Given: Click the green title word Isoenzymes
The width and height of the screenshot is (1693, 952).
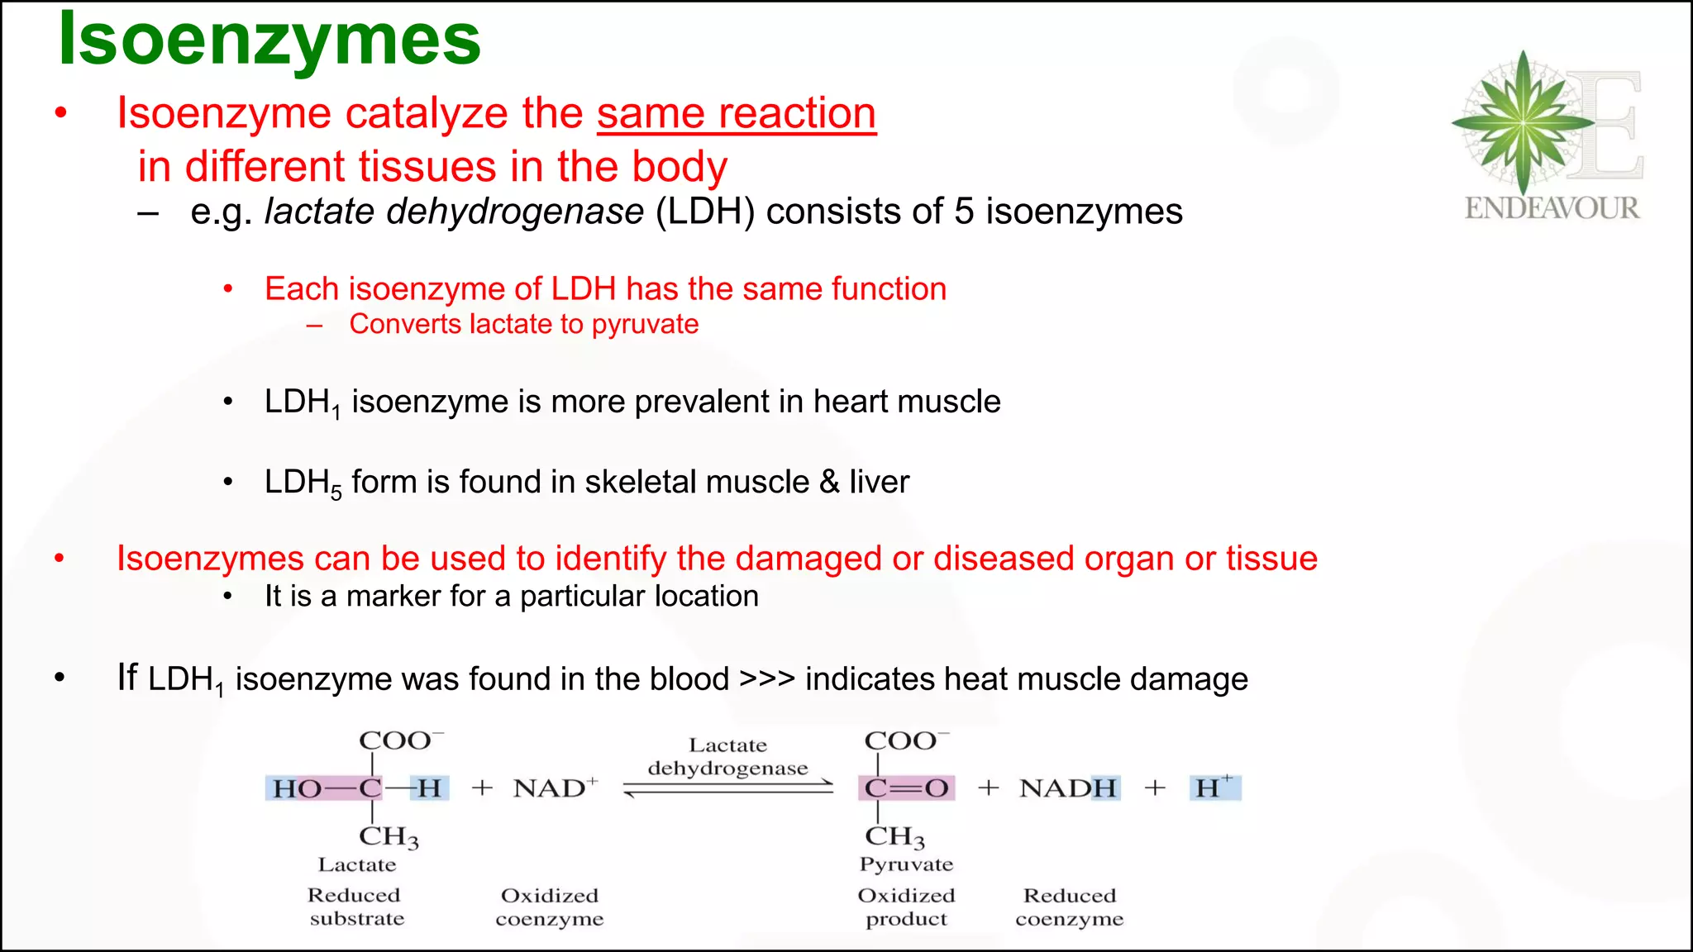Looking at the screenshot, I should click(x=269, y=40).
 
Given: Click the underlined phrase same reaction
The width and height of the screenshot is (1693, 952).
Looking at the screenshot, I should click(x=736, y=113).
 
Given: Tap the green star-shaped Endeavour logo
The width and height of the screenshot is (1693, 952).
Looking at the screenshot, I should click(x=1522, y=122).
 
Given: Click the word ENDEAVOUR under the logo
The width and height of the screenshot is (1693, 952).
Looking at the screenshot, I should click(x=1552, y=208).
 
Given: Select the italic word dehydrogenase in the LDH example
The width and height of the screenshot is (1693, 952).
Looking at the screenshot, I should click(x=514, y=212).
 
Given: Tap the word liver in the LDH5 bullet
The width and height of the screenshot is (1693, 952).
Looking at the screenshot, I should click(x=879, y=482).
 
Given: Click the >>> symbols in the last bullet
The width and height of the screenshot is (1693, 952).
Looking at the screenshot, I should click(x=766, y=679).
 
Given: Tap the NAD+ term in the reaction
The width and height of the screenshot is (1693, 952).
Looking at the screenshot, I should click(x=555, y=788).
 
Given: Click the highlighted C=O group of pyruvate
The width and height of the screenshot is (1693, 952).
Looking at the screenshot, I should click(x=906, y=788).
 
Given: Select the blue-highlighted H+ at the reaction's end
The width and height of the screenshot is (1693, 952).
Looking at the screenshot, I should click(x=1214, y=788).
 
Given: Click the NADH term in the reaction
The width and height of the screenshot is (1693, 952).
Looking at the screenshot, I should click(x=1068, y=788).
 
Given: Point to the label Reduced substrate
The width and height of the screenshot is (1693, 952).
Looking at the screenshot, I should click(x=355, y=907).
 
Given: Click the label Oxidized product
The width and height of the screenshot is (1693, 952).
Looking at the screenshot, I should click(x=906, y=907).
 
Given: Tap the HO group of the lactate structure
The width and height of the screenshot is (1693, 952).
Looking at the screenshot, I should click(x=297, y=788).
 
